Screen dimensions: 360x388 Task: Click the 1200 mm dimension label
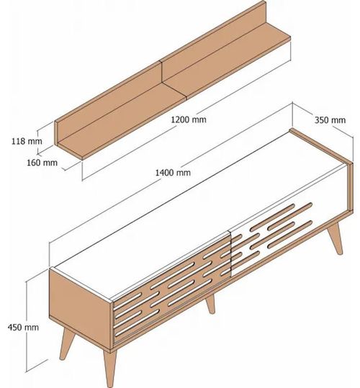pyautogui.click(x=189, y=119)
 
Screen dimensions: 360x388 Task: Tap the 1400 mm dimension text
pyautogui.click(x=173, y=173)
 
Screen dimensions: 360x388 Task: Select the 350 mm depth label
pyautogui.click(x=330, y=120)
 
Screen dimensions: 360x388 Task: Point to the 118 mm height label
pyautogui.click(x=27, y=141)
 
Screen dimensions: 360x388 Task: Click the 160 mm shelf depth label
pyautogui.click(x=42, y=163)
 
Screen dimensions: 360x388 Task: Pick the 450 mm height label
pyautogui.click(x=23, y=328)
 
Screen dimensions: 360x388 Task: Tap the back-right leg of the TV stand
pyautogui.click(x=336, y=238)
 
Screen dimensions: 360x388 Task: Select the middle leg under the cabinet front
pyautogui.click(x=210, y=304)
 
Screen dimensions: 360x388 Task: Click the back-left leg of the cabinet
pyautogui.click(x=66, y=343)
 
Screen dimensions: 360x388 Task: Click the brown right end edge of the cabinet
pyautogui.click(x=350, y=187)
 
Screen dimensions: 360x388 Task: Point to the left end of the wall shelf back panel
pyautogui.click(x=56, y=133)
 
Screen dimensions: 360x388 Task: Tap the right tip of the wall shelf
pyautogui.click(x=290, y=37)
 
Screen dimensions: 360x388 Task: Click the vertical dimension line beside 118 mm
pyautogui.click(x=38, y=142)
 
